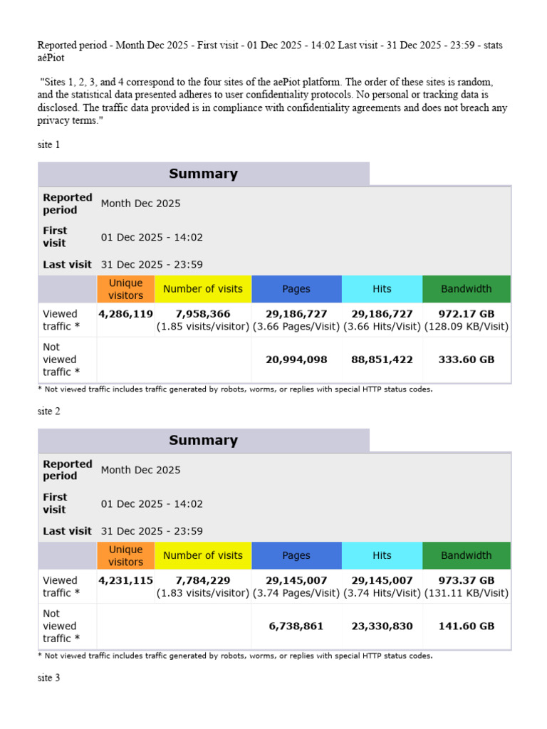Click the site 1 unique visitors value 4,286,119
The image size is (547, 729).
[125, 314]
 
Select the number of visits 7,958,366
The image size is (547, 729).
[202, 314]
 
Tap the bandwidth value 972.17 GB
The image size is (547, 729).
[467, 314]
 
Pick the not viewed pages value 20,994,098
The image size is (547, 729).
[296, 360]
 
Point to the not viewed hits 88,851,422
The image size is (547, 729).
[382, 360]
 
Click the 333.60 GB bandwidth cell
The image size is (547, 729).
[467, 360]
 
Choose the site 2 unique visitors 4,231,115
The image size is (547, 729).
[125, 580]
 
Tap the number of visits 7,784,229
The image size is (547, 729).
[202, 580]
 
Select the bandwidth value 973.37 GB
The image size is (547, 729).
[467, 580]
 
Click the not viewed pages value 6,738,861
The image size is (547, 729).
[296, 626]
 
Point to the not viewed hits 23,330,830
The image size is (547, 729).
[382, 626]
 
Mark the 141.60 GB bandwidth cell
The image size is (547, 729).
[467, 626]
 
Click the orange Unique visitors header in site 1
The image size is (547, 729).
[125, 289]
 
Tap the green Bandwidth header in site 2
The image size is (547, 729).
[467, 555]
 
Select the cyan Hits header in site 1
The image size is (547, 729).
[382, 289]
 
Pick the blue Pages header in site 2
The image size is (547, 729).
[296, 555]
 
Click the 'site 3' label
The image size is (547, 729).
[49, 678]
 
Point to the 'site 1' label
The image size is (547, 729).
[49, 145]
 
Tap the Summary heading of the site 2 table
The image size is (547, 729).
[203, 441]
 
